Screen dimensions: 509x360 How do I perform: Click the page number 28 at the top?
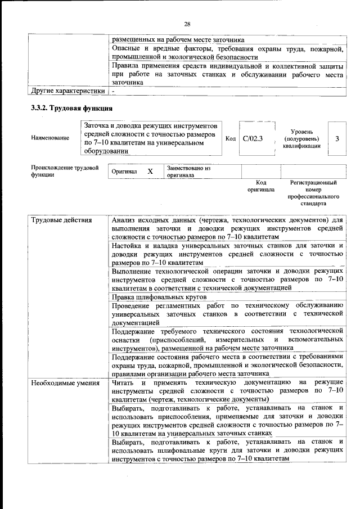pyautogui.click(x=187, y=23)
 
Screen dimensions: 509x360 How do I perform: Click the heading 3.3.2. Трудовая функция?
pyautogui.click(x=71, y=109)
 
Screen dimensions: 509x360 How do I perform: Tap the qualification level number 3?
pyautogui.click(x=337, y=138)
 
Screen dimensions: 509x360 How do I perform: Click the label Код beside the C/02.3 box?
pyautogui.click(x=230, y=138)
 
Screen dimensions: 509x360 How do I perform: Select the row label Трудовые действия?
pyautogui.click(x=61, y=220)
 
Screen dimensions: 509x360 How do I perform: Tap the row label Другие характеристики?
pyautogui.click(x=67, y=90)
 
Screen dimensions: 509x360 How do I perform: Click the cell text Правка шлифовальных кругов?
pyautogui.click(x=159, y=296)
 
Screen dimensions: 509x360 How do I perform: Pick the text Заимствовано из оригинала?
pyautogui.click(x=188, y=171)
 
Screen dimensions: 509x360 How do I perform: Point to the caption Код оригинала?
pyautogui.click(x=260, y=186)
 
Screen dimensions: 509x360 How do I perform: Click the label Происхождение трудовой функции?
pyautogui.click(x=65, y=171)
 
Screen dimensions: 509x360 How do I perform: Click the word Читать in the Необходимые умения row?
pyautogui.click(x=123, y=382)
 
